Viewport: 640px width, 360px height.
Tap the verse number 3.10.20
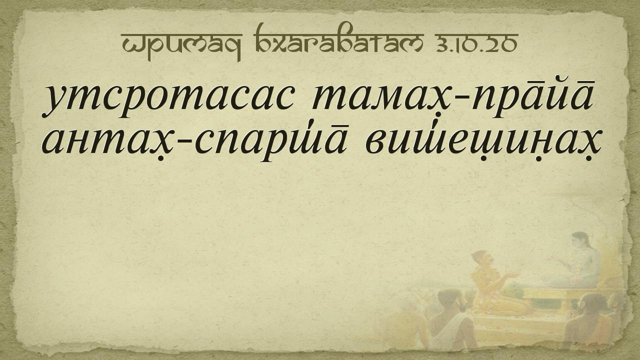point(477,44)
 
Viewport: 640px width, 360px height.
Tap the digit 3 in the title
point(442,44)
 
